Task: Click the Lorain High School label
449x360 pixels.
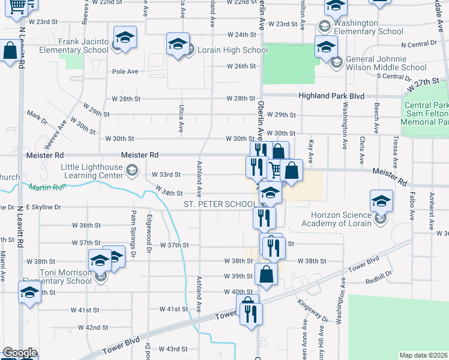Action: point(226,50)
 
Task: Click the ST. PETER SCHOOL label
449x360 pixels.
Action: point(218,205)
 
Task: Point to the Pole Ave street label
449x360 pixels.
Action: point(125,71)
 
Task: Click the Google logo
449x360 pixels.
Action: point(20,353)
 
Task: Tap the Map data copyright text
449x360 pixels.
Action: point(423,355)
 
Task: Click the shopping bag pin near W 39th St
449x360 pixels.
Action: point(266,274)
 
